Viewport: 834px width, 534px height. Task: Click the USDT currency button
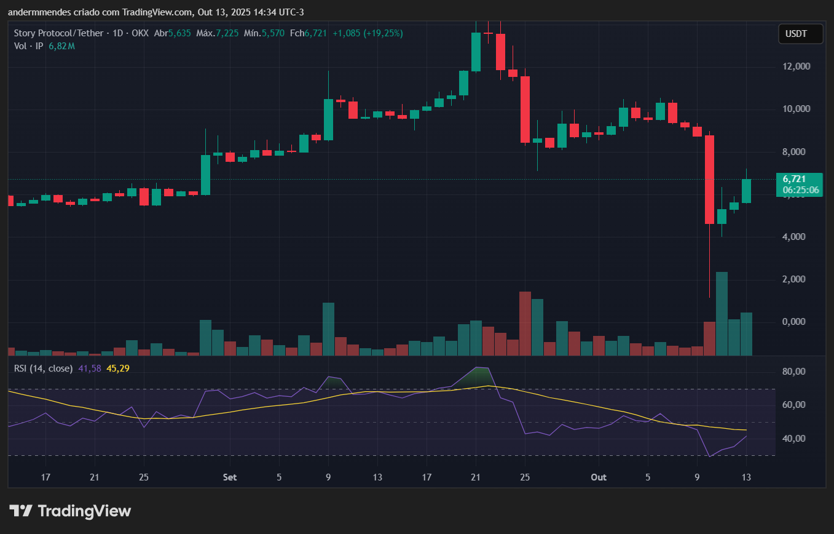tap(800, 34)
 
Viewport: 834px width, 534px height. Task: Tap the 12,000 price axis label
tap(795, 66)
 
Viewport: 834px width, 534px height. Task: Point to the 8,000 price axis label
tap(795, 152)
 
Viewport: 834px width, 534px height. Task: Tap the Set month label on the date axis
tap(230, 477)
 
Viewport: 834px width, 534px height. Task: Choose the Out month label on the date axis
tap(598, 477)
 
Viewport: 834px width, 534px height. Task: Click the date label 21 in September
tap(475, 477)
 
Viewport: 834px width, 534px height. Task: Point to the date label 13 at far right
tap(746, 477)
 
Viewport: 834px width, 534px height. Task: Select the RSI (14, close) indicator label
tap(44, 369)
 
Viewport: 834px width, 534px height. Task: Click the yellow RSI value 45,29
tap(118, 369)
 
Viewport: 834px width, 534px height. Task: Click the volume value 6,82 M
tap(61, 46)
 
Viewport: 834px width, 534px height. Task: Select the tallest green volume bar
tap(722, 313)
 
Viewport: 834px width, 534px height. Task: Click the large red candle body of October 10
tap(709, 178)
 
